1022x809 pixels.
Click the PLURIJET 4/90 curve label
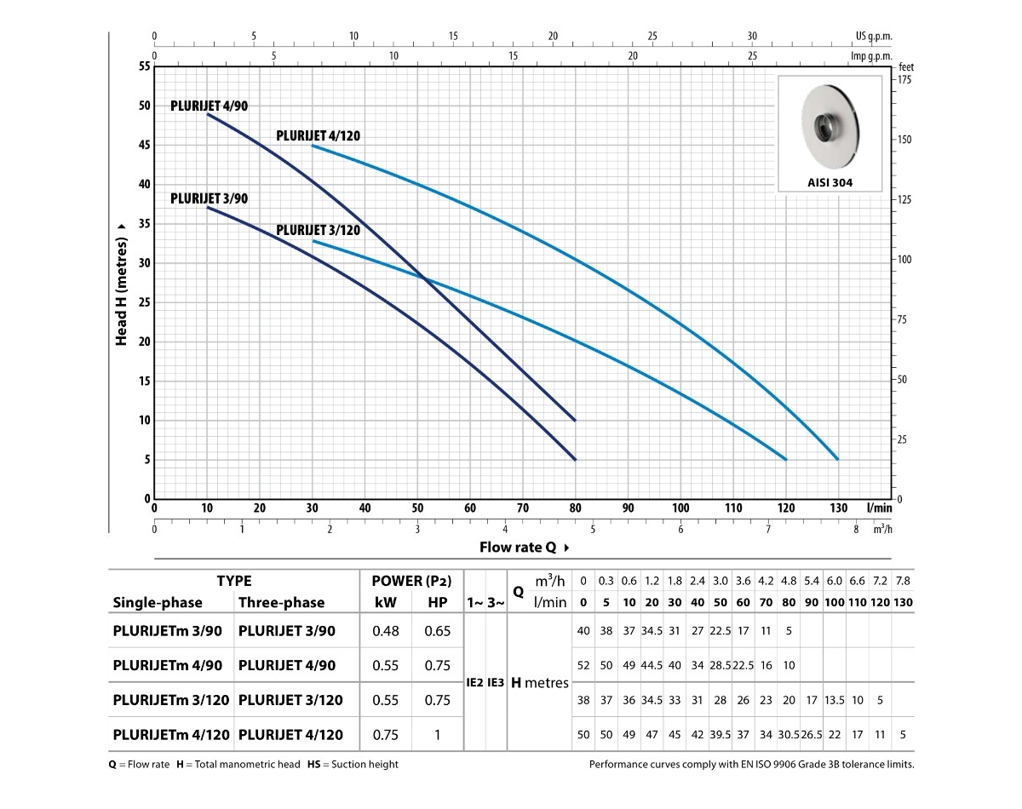(x=210, y=106)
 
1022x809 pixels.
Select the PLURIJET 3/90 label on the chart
(x=210, y=198)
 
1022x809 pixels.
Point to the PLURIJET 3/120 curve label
(x=318, y=230)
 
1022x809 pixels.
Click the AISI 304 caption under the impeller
(x=830, y=182)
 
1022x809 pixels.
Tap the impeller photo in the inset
(x=830, y=124)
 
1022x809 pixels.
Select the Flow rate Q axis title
(x=520, y=547)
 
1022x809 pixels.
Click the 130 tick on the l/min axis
(x=838, y=508)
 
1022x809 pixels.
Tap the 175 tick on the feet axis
(x=904, y=78)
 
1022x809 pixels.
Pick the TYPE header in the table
(x=233, y=581)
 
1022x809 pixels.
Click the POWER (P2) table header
(x=411, y=581)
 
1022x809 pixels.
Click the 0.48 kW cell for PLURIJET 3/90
(x=387, y=631)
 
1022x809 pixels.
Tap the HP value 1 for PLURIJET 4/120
(x=437, y=735)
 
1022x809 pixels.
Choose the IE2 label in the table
(x=475, y=683)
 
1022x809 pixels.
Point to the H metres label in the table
(x=540, y=683)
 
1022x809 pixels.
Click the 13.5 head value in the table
(x=835, y=700)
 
